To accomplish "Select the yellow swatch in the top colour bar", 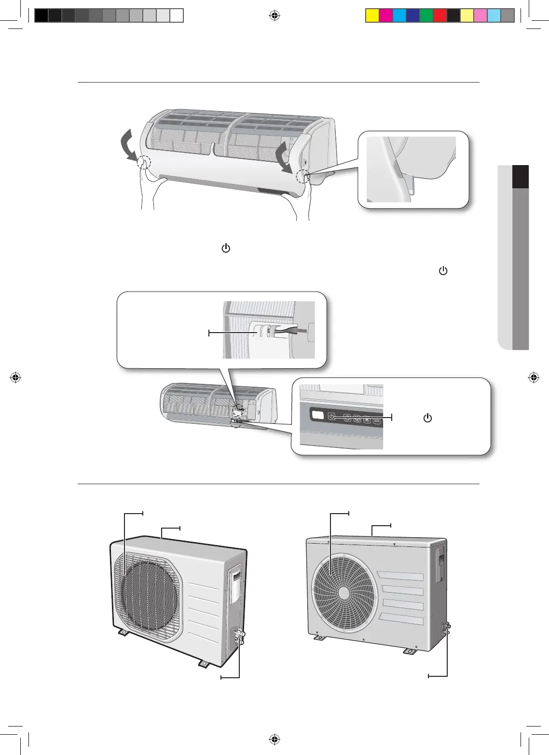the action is (x=372, y=16).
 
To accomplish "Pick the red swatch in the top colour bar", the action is (x=440, y=16).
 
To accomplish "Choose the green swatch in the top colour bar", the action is (x=426, y=16).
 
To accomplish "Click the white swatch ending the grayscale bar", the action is (x=177, y=16).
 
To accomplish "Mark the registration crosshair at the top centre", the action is (x=274, y=16).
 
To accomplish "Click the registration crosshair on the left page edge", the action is (x=15, y=377).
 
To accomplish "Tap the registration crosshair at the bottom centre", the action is (x=274, y=739).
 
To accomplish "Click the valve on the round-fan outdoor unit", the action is (x=446, y=628).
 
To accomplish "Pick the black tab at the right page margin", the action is (x=521, y=177).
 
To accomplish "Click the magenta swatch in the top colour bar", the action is (x=386, y=16).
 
